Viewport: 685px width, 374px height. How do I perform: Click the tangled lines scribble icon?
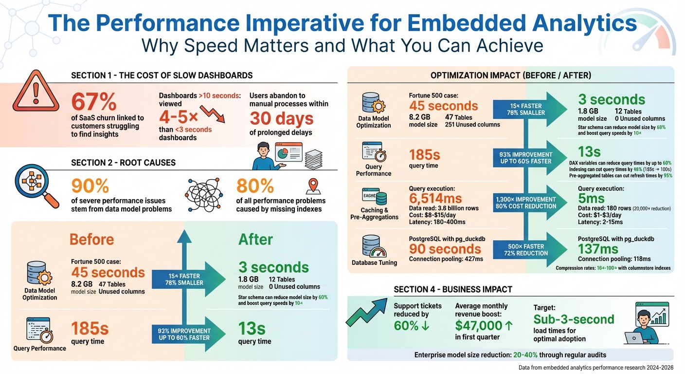[x=204, y=193]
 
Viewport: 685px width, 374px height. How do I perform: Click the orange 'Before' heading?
[x=91, y=239]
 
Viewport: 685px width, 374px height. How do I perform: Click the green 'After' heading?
[x=255, y=239]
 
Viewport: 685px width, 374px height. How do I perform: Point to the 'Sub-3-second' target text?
[x=574, y=319]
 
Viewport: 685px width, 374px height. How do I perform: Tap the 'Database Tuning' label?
[x=374, y=262]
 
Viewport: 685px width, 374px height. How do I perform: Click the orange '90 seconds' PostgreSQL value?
[x=445, y=249]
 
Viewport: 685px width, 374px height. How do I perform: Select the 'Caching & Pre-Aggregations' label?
[x=374, y=213]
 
